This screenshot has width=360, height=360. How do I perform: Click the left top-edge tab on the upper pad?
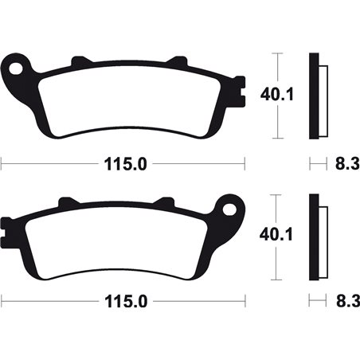(x=78, y=61)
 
